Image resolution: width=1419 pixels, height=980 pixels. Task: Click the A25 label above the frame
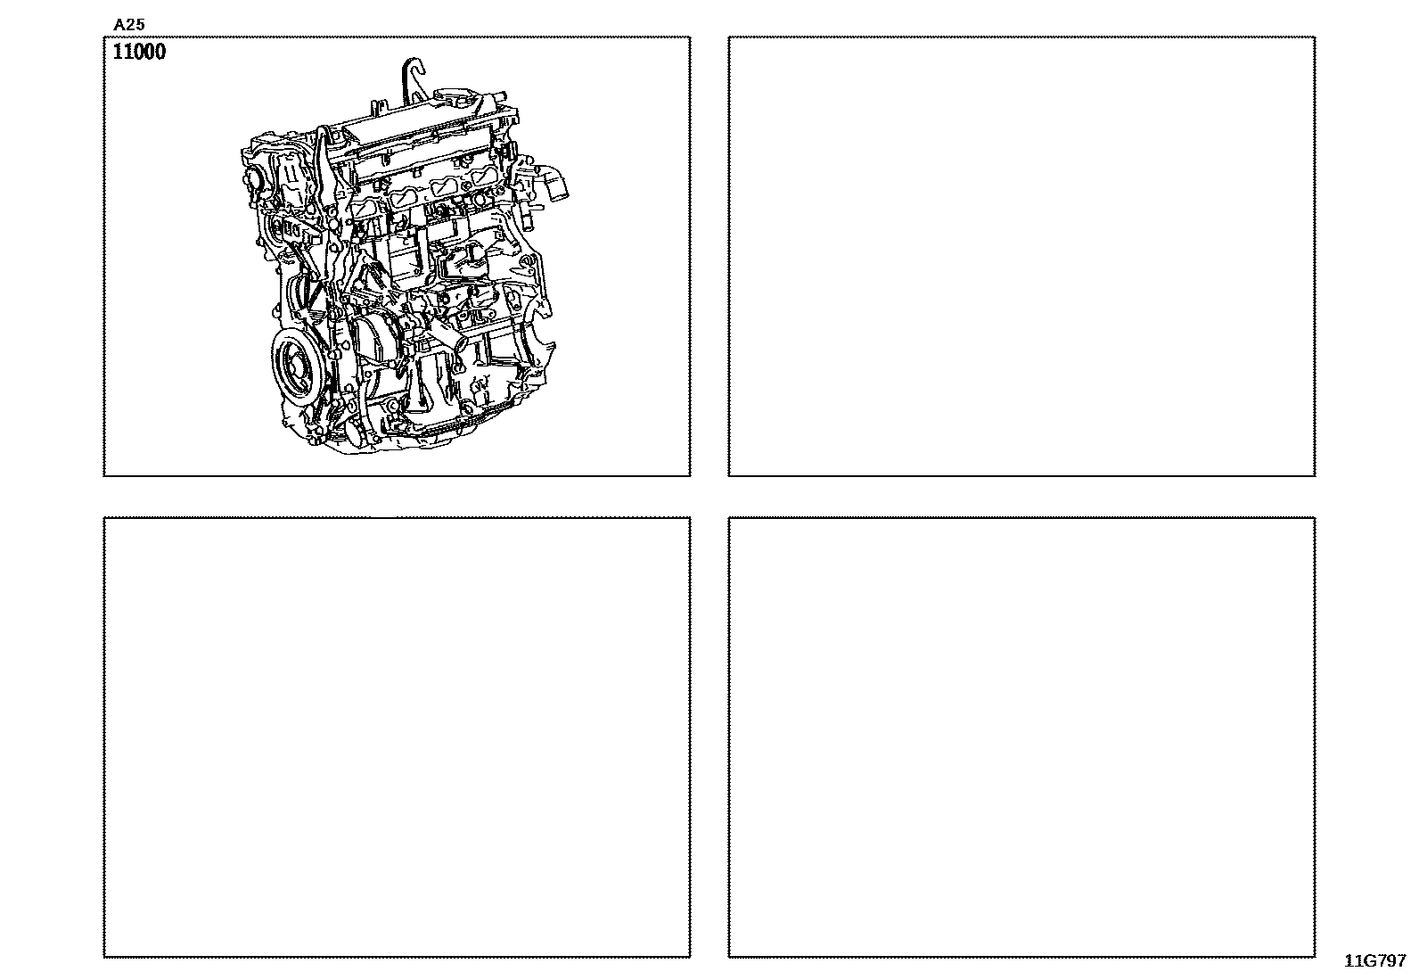tap(129, 25)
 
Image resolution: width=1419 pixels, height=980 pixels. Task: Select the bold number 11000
tap(139, 52)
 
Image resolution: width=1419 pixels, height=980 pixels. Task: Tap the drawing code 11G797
tap(1374, 961)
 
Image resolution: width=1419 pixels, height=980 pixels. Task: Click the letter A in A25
tap(119, 25)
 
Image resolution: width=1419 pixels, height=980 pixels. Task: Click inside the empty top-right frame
tap(1021, 256)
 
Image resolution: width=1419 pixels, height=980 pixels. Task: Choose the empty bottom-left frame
tap(397, 737)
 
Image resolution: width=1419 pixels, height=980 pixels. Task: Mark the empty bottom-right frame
tap(1021, 737)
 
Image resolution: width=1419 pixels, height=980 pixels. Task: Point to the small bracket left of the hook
tap(378, 108)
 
